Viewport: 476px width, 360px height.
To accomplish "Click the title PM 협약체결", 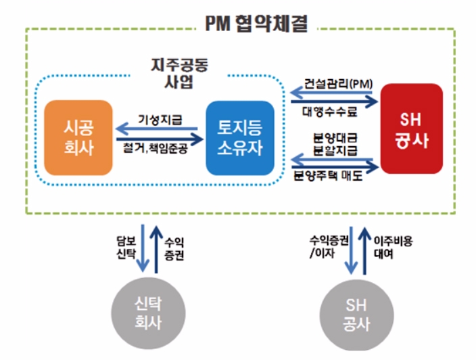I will [256, 25].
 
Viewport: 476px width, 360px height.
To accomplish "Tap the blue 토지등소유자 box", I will [240, 137].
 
